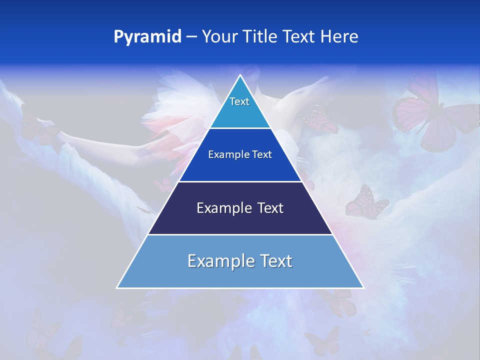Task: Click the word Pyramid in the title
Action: (147, 37)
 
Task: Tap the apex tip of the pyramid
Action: (240, 76)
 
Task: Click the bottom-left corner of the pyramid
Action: (118, 287)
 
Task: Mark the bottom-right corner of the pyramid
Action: (362, 287)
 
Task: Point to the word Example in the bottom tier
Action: (220, 261)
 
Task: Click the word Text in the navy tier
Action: (270, 208)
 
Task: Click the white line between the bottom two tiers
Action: (240, 234)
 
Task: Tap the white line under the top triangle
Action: (240, 128)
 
